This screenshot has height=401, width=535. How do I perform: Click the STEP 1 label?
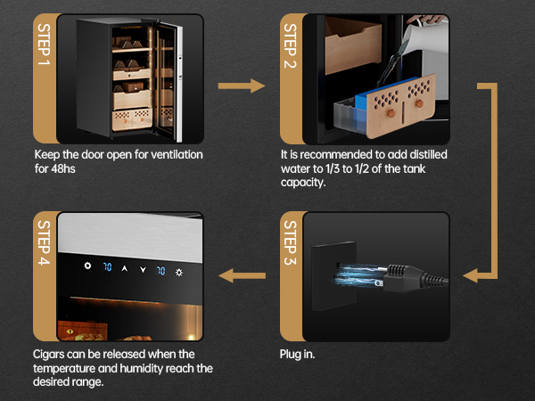tap(44, 44)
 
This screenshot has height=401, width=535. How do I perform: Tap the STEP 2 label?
tap(291, 45)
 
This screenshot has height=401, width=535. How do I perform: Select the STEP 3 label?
tap(291, 242)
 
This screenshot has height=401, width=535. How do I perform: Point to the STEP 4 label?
tap(44, 242)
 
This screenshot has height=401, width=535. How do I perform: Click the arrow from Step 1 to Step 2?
tap(242, 86)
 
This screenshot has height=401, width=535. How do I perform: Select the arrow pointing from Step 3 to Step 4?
tap(242, 275)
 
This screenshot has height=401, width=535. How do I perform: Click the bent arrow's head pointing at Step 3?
tap(471, 275)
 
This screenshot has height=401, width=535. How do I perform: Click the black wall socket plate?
tap(333, 275)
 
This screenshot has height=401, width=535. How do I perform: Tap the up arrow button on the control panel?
tap(125, 269)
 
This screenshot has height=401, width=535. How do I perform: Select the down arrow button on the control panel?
tap(143, 270)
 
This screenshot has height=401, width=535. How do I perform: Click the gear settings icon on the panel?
tap(87, 266)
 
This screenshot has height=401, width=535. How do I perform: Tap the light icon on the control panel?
tap(179, 273)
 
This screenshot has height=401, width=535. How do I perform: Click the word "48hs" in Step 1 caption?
tap(63, 168)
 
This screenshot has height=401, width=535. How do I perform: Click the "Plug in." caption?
tap(297, 355)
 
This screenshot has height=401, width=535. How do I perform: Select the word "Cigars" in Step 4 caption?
tap(49, 355)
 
